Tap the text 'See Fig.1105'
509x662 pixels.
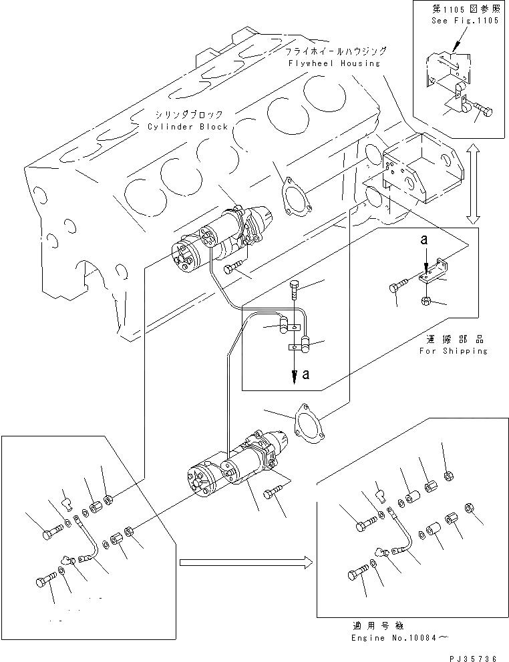pyautogui.click(x=462, y=21)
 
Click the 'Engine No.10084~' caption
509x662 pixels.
pyautogui.click(x=393, y=638)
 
